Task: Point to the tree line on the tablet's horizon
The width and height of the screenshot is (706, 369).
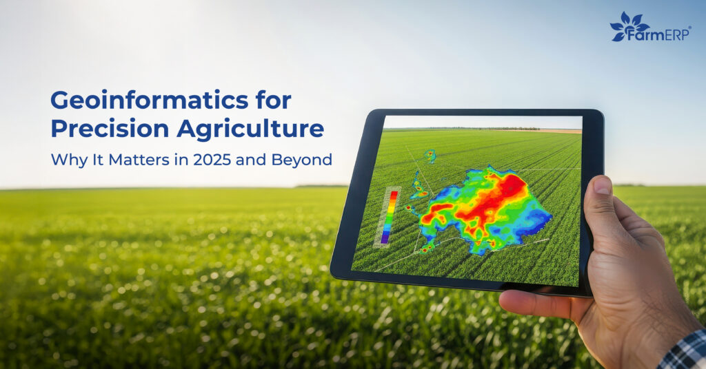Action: coord(483,129)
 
